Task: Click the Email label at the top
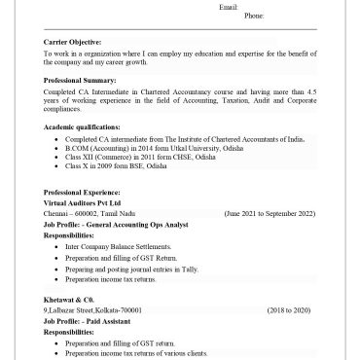point(229,7)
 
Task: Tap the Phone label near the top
point(254,17)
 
